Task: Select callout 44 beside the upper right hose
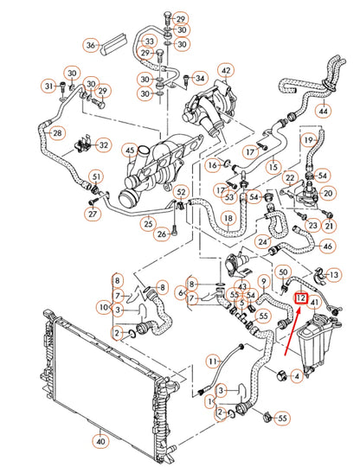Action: click(x=323, y=111)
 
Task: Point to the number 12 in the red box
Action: click(x=300, y=298)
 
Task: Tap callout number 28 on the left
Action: click(x=57, y=133)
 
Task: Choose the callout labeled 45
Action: click(x=130, y=152)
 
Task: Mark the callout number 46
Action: click(x=327, y=246)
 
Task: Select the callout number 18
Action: click(x=228, y=220)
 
